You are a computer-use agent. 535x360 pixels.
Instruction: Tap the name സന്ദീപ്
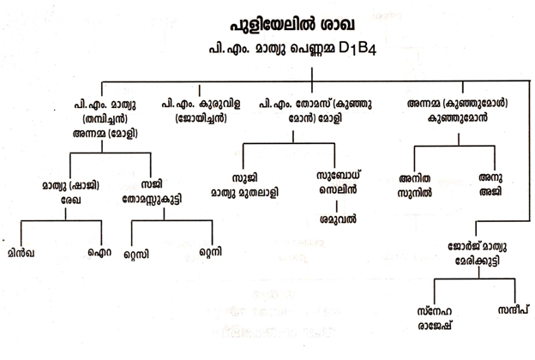[x=509, y=308]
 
